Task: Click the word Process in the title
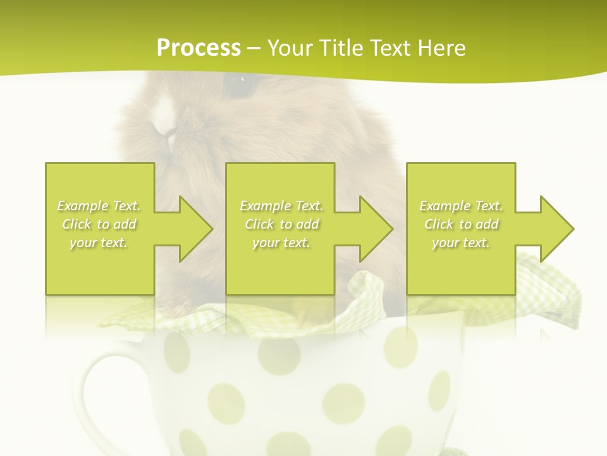pyautogui.click(x=199, y=48)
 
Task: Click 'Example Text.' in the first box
pyautogui.click(x=99, y=206)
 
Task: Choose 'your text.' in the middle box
pyautogui.click(x=281, y=243)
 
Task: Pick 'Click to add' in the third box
pyautogui.click(x=462, y=224)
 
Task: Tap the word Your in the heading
pyautogui.click(x=290, y=48)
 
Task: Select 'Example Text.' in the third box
pyautogui.click(x=462, y=206)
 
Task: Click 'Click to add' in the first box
pyautogui.click(x=99, y=224)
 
